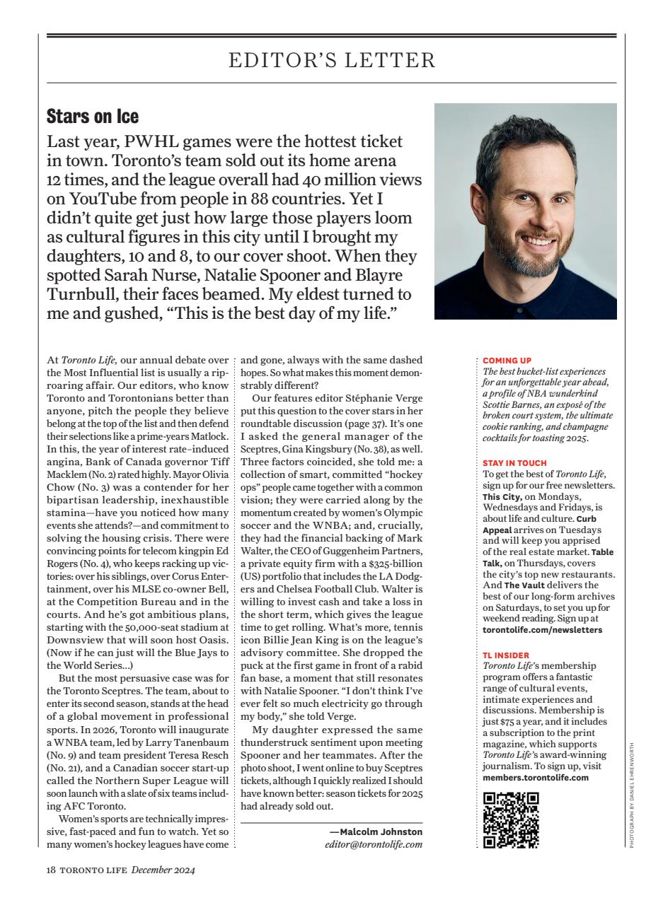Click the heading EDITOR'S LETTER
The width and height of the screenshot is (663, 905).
pos(331,60)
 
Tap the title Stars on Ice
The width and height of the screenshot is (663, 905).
pos(92,115)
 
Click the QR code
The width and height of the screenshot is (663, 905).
pos(511,820)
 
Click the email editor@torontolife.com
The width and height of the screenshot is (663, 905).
pos(373,844)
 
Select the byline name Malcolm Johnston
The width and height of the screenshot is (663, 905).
pos(381,831)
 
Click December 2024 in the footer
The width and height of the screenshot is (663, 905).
pos(163,870)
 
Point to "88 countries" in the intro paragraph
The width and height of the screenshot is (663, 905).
pos(311,199)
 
